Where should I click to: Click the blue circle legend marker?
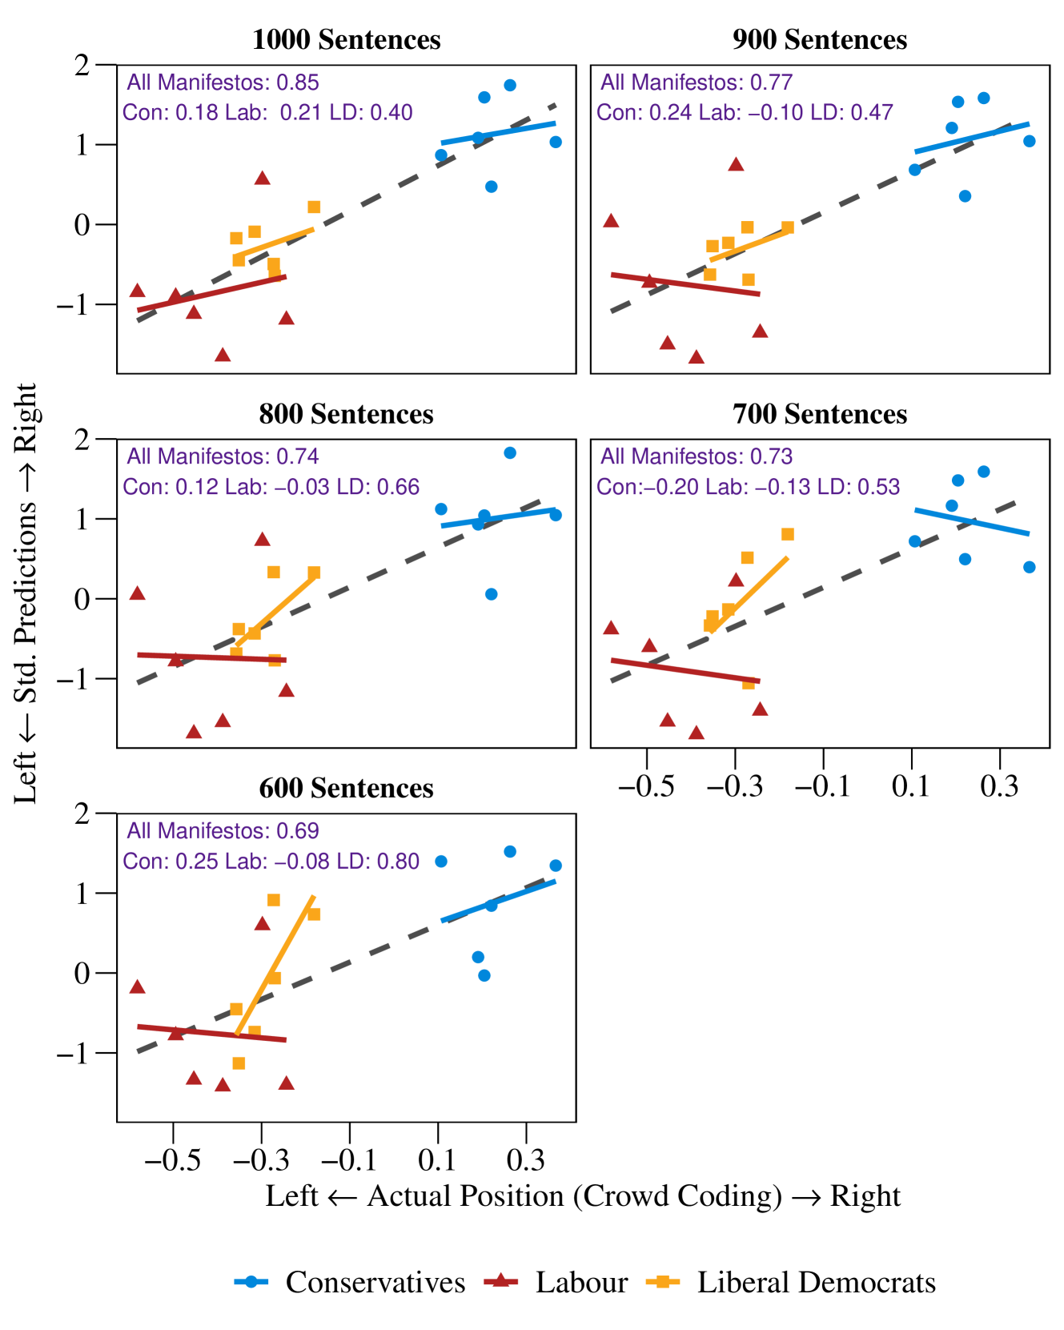coord(251,1282)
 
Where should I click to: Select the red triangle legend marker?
coord(500,1280)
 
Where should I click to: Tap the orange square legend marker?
coord(662,1282)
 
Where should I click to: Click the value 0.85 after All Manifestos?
coord(297,82)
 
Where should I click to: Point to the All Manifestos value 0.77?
coord(770,82)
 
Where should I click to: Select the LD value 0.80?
coord(398,862)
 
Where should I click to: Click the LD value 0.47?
coord(871,113)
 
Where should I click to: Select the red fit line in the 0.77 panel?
coord(685,285)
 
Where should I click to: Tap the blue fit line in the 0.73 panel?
coord(971,521)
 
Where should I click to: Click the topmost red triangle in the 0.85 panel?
coord(263,178)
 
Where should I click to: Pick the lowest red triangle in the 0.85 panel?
coord(223,355)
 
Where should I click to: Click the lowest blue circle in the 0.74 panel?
coord(492,594)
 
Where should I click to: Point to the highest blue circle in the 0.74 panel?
coord(510,453)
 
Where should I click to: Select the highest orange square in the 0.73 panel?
coord(787,534)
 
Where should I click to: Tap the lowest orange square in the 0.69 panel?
coord(239,1063)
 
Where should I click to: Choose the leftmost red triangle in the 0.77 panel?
coord(611,221)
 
